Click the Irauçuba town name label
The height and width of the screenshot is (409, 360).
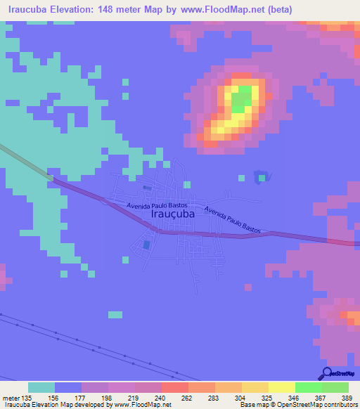[x=173, y=217]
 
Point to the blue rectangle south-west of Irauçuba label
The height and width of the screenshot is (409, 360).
[x=146, y=245]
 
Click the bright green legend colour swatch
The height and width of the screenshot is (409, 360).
[x=309, y=387]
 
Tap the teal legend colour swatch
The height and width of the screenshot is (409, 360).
[x=41, y=387]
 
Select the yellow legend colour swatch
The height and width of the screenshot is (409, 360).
[x=282, y=387]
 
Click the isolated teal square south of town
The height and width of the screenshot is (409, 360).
[x=115, y=313]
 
